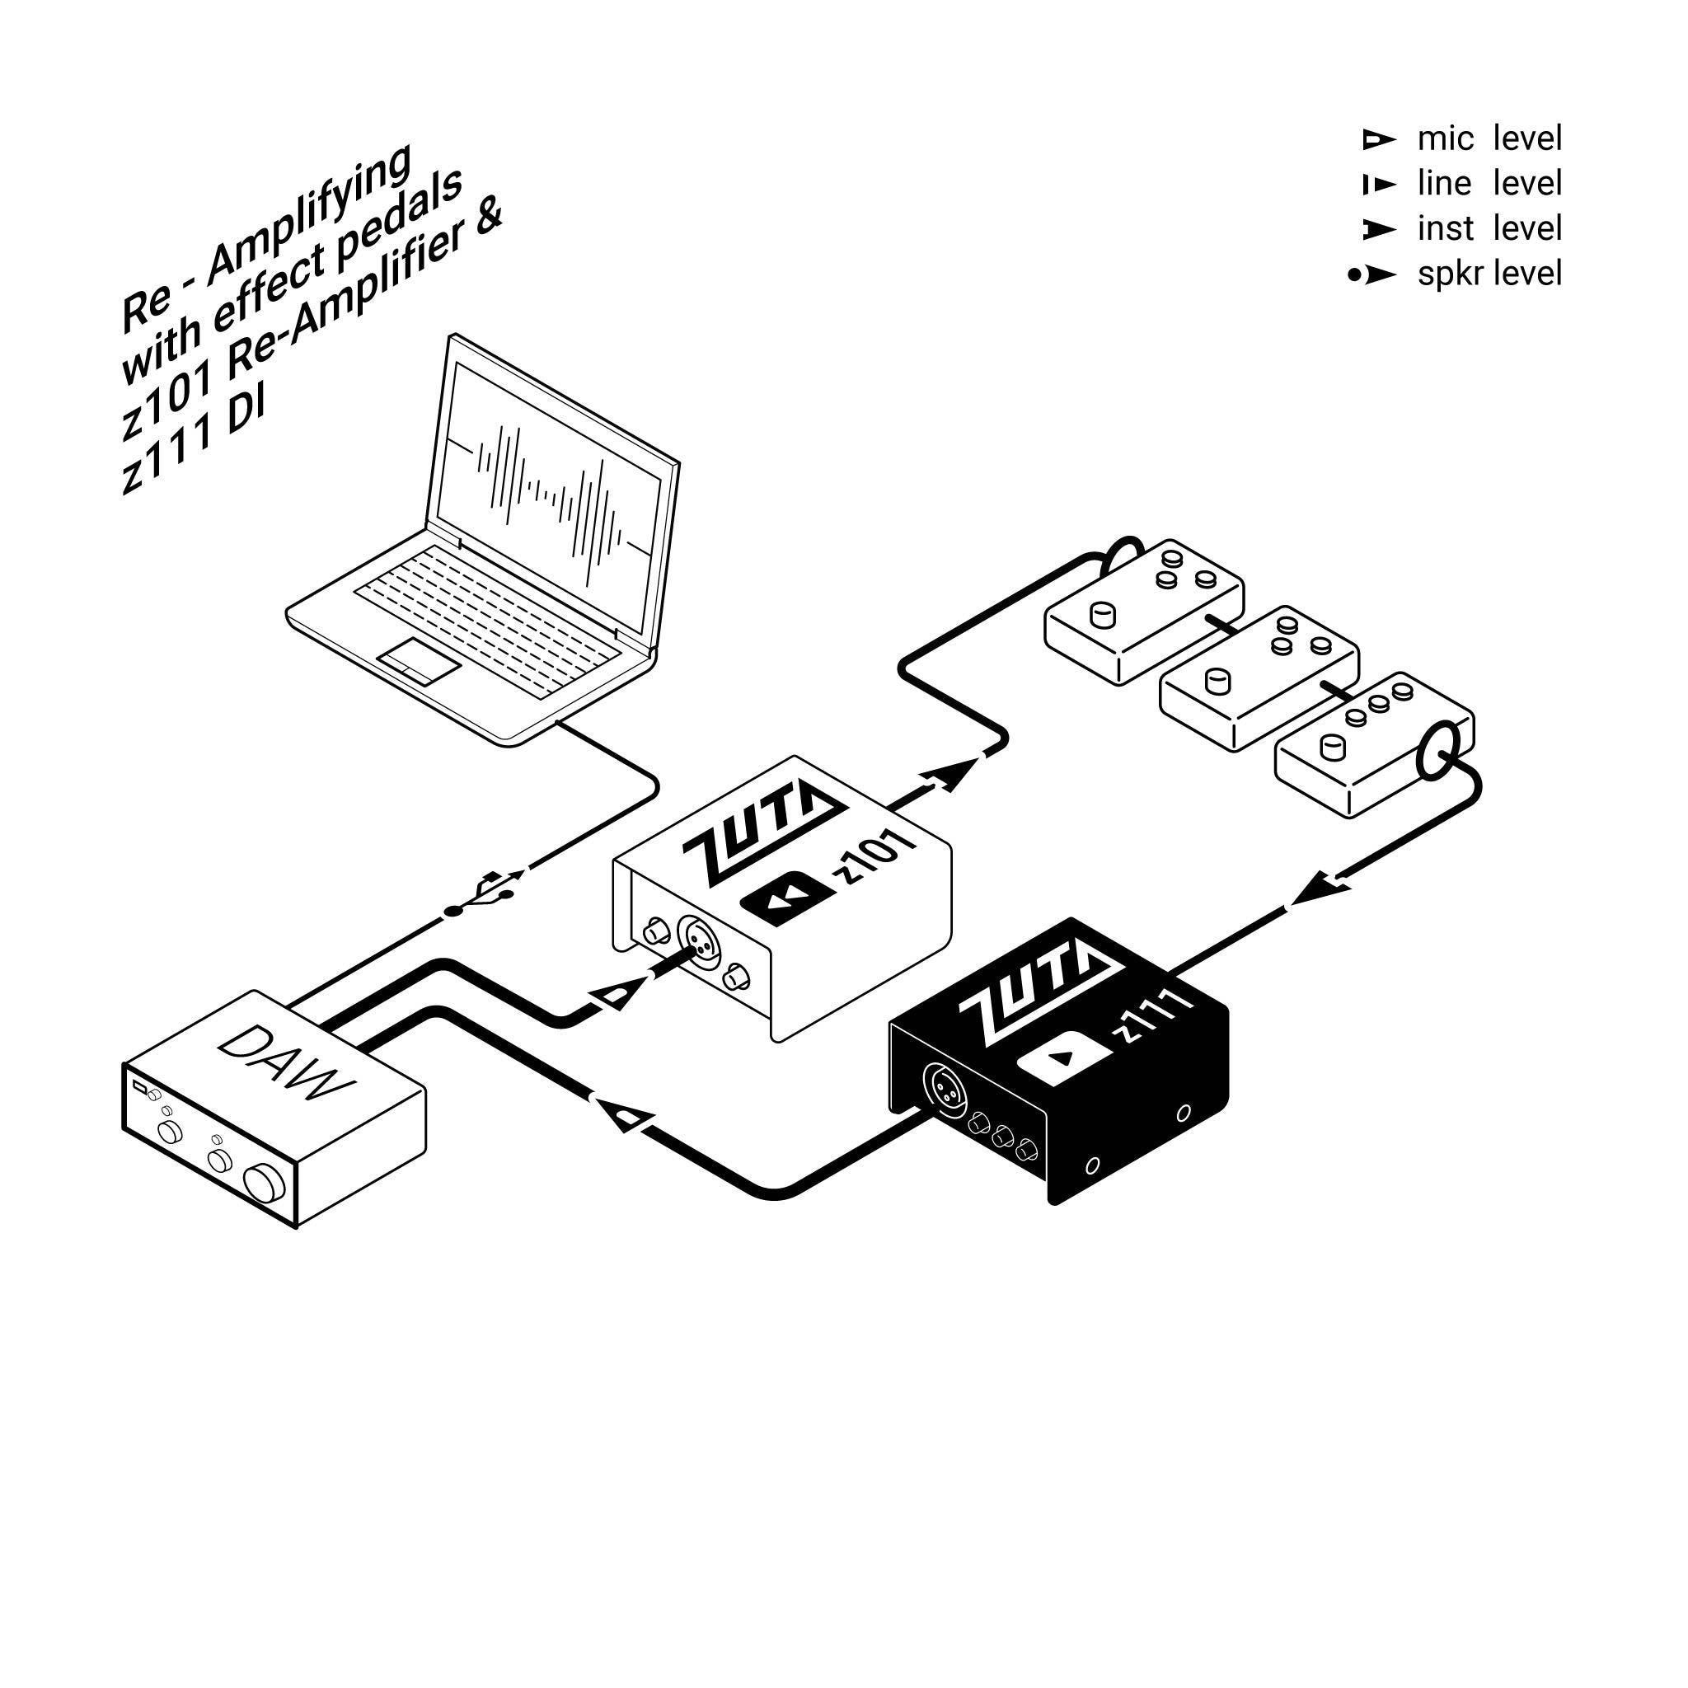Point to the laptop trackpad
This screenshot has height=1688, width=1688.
pos(419,660)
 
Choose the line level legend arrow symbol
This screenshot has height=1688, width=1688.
pos(1379,185)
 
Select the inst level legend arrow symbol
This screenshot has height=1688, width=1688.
pos(1379,231)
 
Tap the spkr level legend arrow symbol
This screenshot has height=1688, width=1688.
pos(1371,275)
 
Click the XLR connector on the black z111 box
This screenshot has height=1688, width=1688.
pos(945,1088)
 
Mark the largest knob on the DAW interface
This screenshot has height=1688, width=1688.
pos(265,1184)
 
